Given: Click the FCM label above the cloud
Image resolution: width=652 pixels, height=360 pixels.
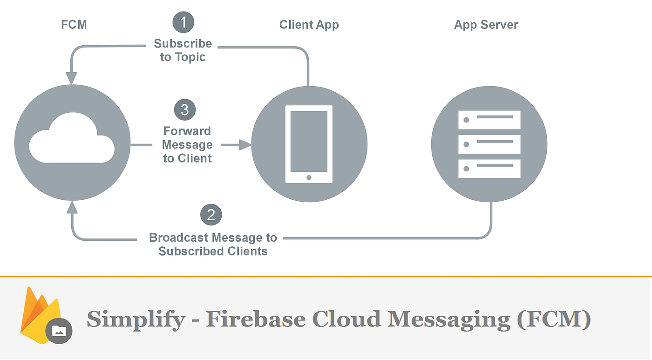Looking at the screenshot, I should [x=74, y=25].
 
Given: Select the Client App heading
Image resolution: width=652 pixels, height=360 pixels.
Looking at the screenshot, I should [x=309, y=25].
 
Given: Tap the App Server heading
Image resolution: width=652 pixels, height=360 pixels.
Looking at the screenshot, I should [x=486, y=25].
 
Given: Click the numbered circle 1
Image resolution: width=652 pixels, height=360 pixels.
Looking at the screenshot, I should [x=183, y=22].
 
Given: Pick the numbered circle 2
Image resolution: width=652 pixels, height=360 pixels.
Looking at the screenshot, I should [x=211, y=215].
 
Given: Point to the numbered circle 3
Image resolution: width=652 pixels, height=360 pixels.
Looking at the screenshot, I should [x=185, y=110].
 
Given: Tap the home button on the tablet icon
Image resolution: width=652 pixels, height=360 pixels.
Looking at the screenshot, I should [x=309, y=177].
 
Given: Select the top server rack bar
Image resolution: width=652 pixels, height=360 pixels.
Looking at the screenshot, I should [x=489, y=120].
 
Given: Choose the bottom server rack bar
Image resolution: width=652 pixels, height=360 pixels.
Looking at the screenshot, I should [x=489, y=169].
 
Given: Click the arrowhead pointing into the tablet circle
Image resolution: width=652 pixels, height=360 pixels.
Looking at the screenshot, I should [x=245, y=145].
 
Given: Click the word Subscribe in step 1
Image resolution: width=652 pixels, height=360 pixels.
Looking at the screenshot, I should [x=183, y=44].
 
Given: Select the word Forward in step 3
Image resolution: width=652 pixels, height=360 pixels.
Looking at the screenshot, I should [x=187, y=131].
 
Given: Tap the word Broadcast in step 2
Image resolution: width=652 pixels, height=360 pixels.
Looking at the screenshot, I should [x=179, y=238].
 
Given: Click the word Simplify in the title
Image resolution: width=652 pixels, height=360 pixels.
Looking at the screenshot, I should [x=136, y=319].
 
